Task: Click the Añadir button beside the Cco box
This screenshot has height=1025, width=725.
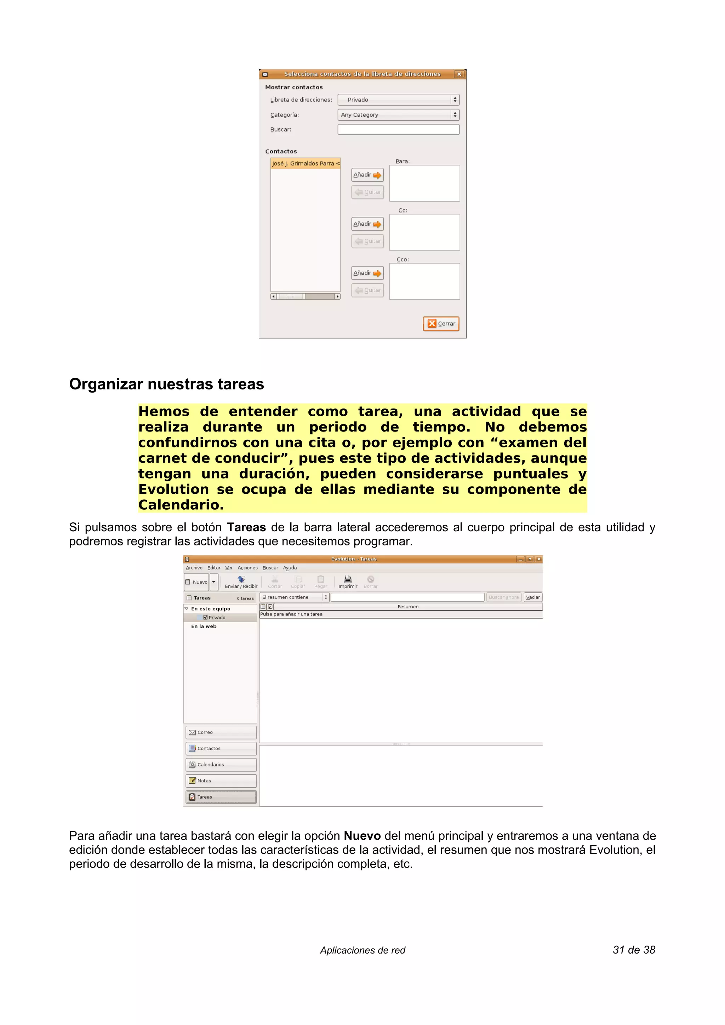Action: pyautogui.click(x=367, y=273)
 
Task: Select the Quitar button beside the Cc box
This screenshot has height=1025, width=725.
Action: pyautogui.click(x=367, y=241)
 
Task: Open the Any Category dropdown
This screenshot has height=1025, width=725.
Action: pyautogui.click(x=398, y=115)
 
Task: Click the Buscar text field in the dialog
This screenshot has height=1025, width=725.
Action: pyautogui.click(x=398, y=129)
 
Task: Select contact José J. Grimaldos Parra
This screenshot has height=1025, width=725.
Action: pyautogui.click(x=305, y=163)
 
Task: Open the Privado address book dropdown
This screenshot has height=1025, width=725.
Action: pyautogui.click(x=398, y=99)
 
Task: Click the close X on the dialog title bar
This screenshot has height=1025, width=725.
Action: pyautogui.click(x=459, y=74)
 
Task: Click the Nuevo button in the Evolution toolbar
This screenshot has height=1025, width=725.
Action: pyautogui.click(x=196, y=582)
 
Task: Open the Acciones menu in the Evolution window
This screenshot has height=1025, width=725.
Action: pyautogui.click(x=247, y=568)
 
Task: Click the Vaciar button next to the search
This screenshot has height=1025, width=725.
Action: pyautogui.click(x=532, y=597)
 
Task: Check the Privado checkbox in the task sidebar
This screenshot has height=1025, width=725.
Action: pyautogui.click(x=205, y=618)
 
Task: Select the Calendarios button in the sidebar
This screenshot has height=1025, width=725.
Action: pyautogui.click(x=221, y=764)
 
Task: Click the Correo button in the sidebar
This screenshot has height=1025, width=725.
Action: pyautogui.click(x=221, y=732)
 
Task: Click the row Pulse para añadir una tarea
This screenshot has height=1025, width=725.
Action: pyautogui.click(x=291, y=614)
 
